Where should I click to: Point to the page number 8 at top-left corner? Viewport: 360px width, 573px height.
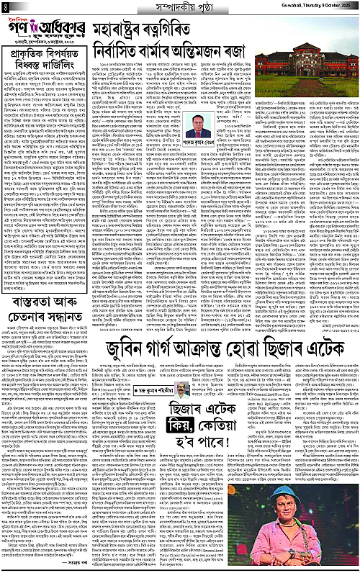click(5, 8)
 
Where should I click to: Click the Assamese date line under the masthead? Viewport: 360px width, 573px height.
click(48, 60)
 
